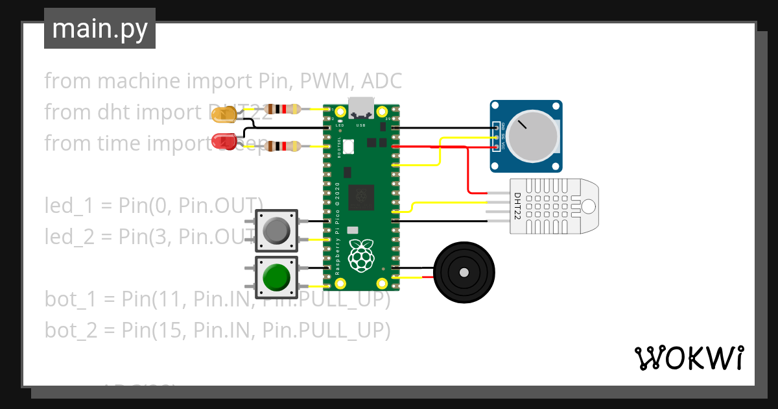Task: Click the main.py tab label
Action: tap(100, 29)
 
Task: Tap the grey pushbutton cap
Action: tap(277, 230)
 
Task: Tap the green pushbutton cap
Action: tap(277, 278)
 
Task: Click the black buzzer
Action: tap(464, 273)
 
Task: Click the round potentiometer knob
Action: tap(533, 135)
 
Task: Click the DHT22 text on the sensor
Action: tap(517, 204)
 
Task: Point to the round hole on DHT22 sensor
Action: tap(588, 206)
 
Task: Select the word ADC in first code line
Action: tap(382, 81)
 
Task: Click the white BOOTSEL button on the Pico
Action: tap(348, 147)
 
